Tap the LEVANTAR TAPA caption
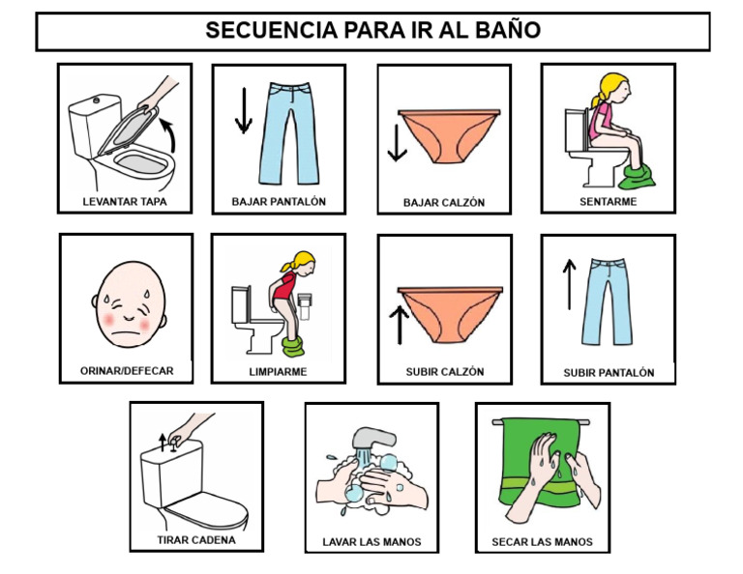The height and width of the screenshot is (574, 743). tap(124, 203)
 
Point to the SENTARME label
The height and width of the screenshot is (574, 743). tap(608, 202)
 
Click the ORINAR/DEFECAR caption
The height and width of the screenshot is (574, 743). tap(127, 370)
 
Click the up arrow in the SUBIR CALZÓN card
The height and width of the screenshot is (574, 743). tap(398, 323)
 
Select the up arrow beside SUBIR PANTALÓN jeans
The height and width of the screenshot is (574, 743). tap(569, 280)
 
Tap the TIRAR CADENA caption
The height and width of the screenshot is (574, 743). tap(196, 540)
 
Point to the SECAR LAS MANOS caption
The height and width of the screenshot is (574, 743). tap(542, 542)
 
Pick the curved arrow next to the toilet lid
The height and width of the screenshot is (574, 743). tap(171, 133)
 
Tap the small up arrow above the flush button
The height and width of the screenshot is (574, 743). tap(162, 444)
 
